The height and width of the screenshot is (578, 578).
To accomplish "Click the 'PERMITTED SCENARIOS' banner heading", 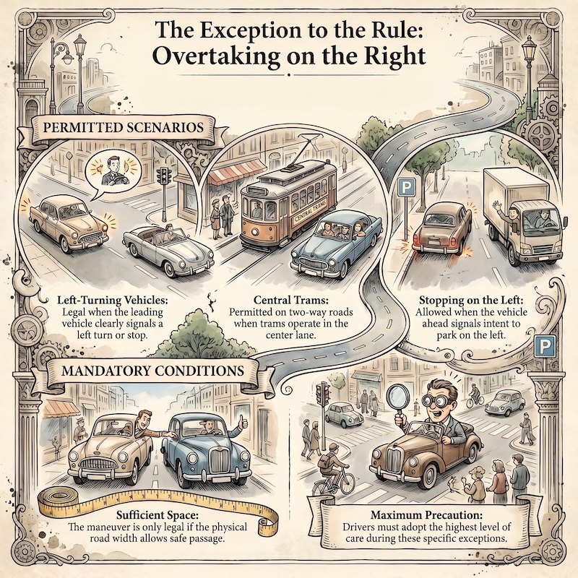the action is pos(123,128).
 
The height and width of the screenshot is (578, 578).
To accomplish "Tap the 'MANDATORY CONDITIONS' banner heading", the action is pos(152,370).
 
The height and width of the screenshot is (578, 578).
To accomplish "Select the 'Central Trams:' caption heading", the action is pos(291,300).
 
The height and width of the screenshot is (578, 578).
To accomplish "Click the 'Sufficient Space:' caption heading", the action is pos(158,514).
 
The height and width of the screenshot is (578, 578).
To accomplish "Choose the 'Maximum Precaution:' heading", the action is pos(426,514).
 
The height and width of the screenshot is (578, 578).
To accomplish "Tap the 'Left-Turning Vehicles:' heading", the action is pos(113,300).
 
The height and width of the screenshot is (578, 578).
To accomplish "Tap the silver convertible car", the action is pos(168,250).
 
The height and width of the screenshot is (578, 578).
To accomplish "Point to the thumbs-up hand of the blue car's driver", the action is pos(243,423).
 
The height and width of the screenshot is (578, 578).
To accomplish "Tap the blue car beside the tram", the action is pos(335,245).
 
